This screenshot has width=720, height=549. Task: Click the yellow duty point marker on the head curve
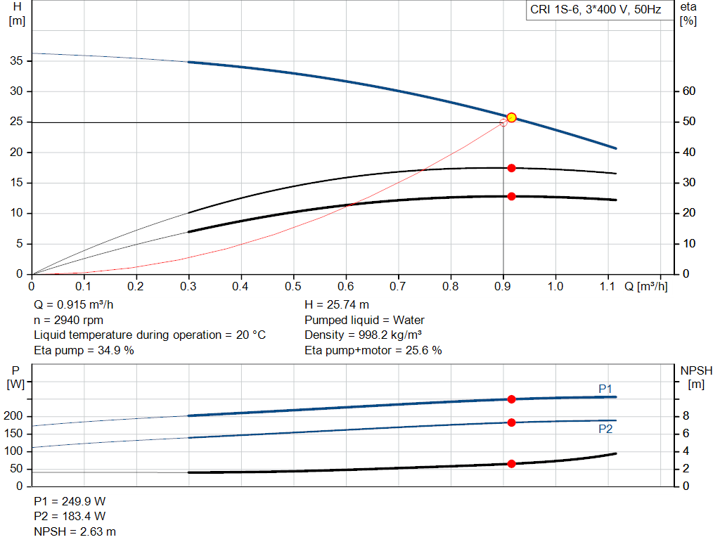511,117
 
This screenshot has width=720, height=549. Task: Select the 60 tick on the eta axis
688,91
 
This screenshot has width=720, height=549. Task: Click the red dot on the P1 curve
511,399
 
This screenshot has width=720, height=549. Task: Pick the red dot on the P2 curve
511,422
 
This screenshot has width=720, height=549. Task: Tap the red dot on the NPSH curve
511,464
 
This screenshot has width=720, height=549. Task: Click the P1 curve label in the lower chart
605,389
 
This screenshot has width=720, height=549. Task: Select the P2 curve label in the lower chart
605,429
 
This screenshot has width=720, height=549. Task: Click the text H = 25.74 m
337,305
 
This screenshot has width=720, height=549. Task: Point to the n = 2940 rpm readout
68,321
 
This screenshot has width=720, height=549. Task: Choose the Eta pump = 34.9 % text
84,350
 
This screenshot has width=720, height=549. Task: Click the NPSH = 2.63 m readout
75,531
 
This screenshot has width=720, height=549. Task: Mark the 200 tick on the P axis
15,417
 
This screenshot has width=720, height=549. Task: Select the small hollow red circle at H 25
503,122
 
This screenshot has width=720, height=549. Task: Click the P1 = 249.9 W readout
70,502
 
